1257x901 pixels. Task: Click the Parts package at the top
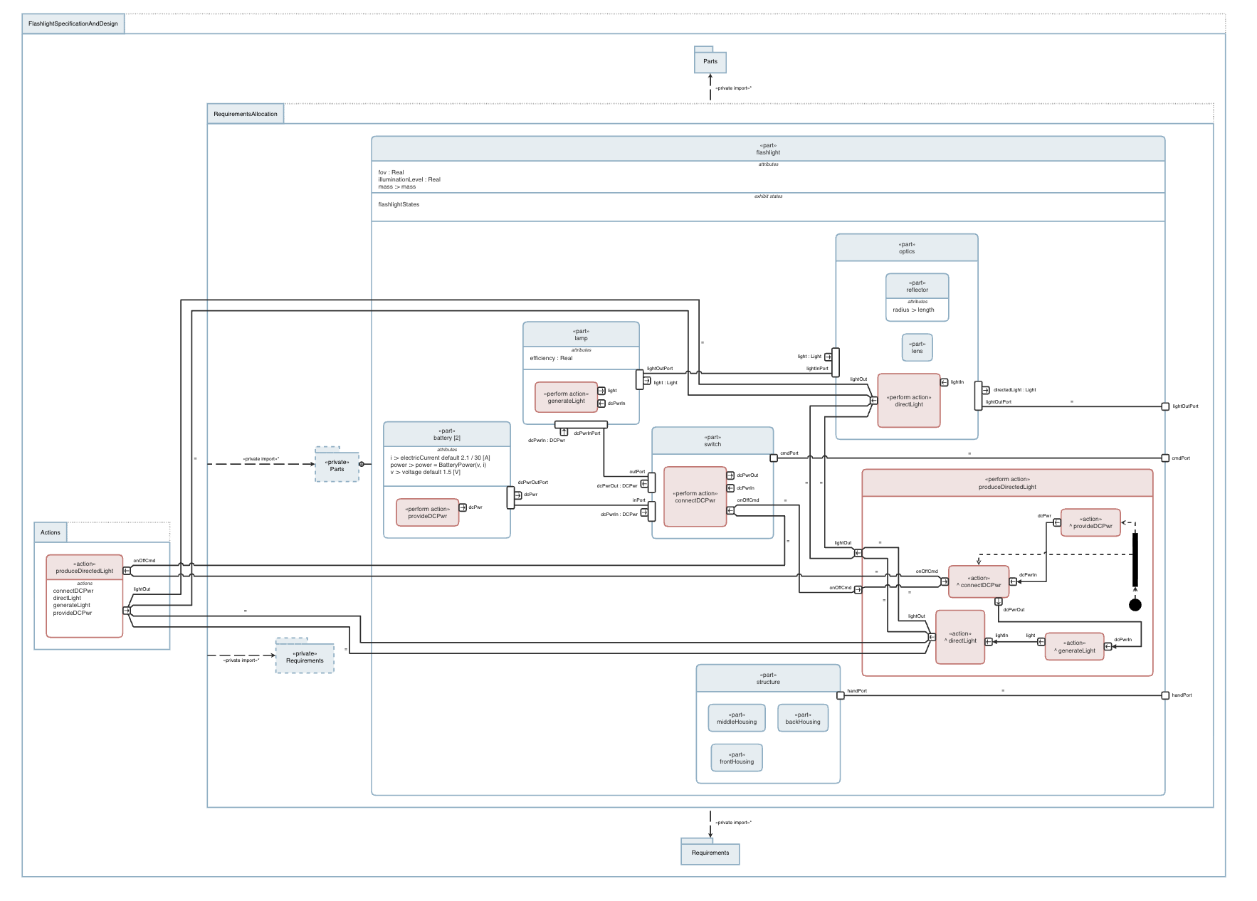[x=710, y=62]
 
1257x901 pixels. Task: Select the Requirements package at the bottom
[x=710, y=853]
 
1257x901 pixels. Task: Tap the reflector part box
[x=917, y=297]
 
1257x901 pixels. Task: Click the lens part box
[x=917, y=347]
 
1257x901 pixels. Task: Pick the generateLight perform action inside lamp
[x=566, y=397]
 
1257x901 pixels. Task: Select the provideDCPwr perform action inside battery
[x=427, y=512]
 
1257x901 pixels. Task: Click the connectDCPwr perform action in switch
[x=695, y=497]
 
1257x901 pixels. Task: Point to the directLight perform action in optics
[x=908, y=401]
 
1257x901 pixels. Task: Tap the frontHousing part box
[x=736, y=758]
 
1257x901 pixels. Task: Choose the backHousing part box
[x=802, y=718]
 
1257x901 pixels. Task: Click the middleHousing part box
[x=736, y=718]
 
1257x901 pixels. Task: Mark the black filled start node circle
[x=1135, y=605]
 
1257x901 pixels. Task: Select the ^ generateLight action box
[x=1074, y=647]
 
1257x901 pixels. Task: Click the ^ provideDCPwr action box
[x=1090, y=522]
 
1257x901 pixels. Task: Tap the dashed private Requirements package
[x=305, y=657]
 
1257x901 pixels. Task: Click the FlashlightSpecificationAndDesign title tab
[x=73, y=23]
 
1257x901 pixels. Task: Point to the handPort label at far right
[x=1182, y=695]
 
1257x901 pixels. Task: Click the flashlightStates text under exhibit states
[x=399, y=205]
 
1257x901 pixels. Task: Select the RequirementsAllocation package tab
[x=246, y=114]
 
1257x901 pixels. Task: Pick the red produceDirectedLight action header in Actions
[x=84, y=567]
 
